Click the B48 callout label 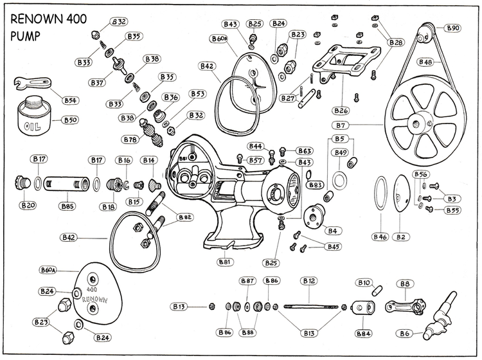[425, 62]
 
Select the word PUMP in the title [24, 35]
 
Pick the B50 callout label [69, 120]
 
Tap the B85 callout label [67, 206]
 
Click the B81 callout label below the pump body [225, 262]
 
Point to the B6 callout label [405, 333]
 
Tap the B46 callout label [380, 237]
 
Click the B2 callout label [402, 237]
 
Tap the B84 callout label [363, 333]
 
